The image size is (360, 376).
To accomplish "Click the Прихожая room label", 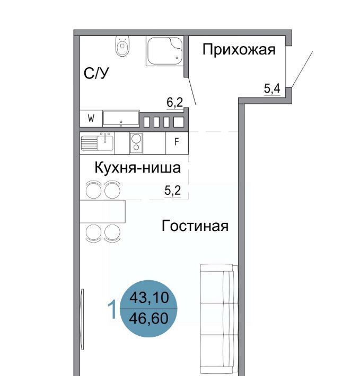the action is point(239,50).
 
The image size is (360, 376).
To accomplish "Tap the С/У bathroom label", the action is point(96,73).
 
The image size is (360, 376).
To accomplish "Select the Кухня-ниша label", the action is point(137,167).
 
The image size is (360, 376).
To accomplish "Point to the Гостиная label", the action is point(195,226).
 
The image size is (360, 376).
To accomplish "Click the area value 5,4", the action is point(272,89).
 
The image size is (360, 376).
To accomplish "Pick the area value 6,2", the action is point(175,103).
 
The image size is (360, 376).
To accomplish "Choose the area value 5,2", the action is point(172,191).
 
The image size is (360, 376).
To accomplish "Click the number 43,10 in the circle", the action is point(149,298).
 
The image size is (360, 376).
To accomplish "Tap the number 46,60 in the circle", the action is point(148,318).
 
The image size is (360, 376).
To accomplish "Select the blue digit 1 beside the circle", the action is point(112,310).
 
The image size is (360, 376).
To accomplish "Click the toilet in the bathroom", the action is point(122,46).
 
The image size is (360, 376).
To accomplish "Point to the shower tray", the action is point(165,51).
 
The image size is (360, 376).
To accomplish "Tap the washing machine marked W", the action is point(91,119).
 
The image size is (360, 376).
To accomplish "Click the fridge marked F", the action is point(177,142).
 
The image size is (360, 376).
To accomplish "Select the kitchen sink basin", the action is point(105,143).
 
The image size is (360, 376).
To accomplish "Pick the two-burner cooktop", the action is point(136,142).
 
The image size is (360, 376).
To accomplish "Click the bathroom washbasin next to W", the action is point(121,118).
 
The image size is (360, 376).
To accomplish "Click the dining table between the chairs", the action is point(102,211).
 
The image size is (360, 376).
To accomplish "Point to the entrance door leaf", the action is point(302,69).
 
